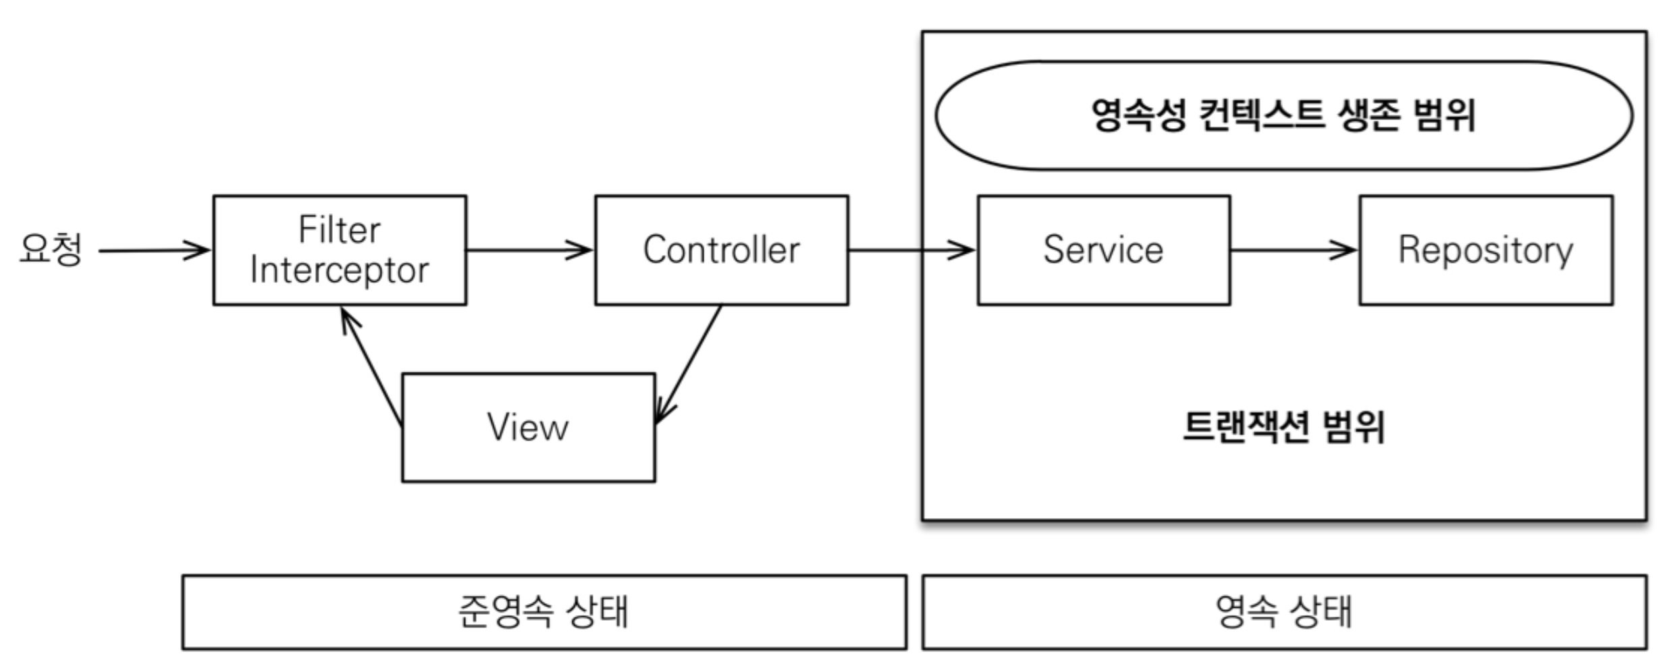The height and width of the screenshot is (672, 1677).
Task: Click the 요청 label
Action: click(51, 249)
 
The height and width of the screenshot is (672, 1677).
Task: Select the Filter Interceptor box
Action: click(340, 250)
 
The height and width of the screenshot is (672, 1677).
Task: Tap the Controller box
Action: click(722, 250)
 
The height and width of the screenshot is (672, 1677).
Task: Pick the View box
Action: click(529, 428)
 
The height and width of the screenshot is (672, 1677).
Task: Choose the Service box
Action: click(1104, 250)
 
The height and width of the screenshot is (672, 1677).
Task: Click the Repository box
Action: click(1486, 250)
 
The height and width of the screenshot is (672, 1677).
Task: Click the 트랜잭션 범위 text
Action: click(1283, 427)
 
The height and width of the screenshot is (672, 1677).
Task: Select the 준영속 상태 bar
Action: click(544, 613)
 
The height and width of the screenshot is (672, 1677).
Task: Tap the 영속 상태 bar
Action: click(1284, 613)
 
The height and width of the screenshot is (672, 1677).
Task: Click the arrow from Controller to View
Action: click(689, 364)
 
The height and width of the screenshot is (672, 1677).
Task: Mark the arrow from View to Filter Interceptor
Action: click(371, 367)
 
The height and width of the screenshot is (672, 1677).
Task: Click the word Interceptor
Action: click(340, 271)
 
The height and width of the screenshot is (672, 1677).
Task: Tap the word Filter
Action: click(340, 229)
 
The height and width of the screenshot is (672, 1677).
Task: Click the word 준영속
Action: click(505, 611)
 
